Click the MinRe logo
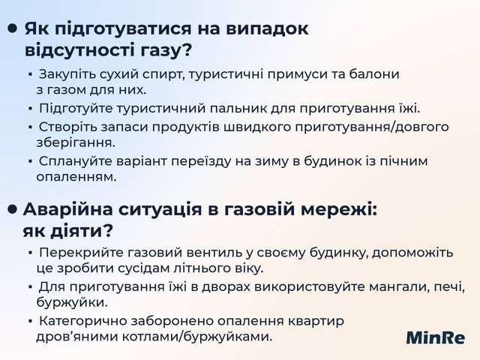click(436, 337)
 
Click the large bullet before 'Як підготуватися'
click(13, 29)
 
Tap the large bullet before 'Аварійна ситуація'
click(13, 209)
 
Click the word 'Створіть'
click(67, 126)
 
